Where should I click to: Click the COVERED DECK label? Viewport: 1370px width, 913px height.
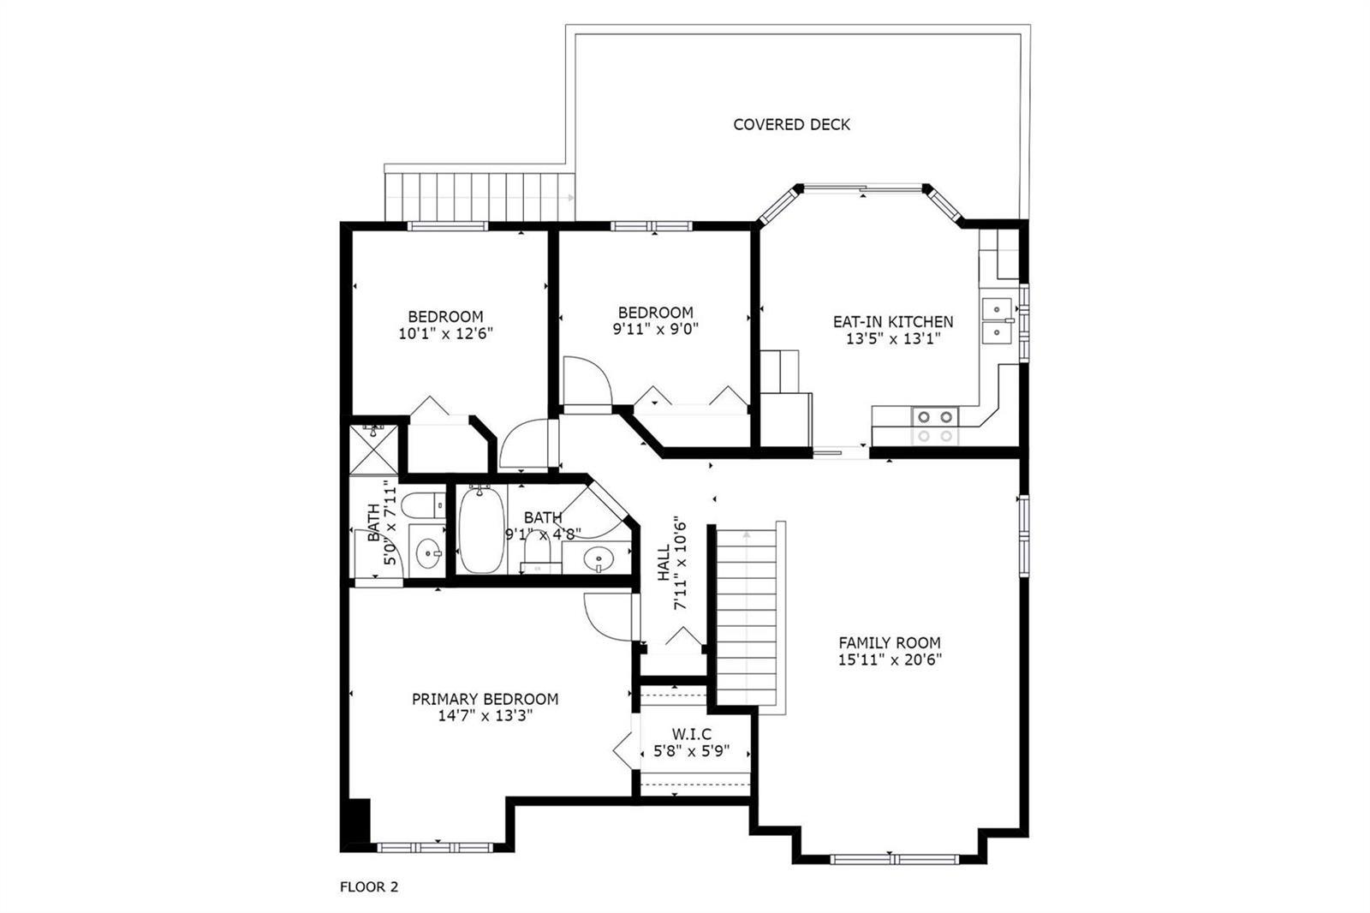pos(791,125)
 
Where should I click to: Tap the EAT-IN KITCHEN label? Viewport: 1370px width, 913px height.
pos(893,322)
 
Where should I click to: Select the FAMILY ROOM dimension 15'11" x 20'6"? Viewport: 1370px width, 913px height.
pos(890,659)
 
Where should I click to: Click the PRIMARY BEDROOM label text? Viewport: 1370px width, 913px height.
pos(485,699)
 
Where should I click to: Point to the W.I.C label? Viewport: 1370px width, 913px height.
pos(692,734)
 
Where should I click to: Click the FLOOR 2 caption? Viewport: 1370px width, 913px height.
pos(369,886)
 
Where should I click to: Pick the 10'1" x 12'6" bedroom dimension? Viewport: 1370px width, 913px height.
pos(446,333)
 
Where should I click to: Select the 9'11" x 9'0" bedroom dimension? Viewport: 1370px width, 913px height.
pos(656,329)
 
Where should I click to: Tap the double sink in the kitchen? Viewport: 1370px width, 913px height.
pos(997,320)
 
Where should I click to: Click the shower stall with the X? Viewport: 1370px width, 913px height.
pos(373,450)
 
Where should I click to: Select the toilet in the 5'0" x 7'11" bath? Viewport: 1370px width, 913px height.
pos(423,504)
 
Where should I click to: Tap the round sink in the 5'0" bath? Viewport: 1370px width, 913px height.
pos(428,554)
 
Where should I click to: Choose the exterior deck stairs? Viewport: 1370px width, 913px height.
pos(479,197)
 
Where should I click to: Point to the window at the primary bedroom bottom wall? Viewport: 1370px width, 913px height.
pos(435,848)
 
